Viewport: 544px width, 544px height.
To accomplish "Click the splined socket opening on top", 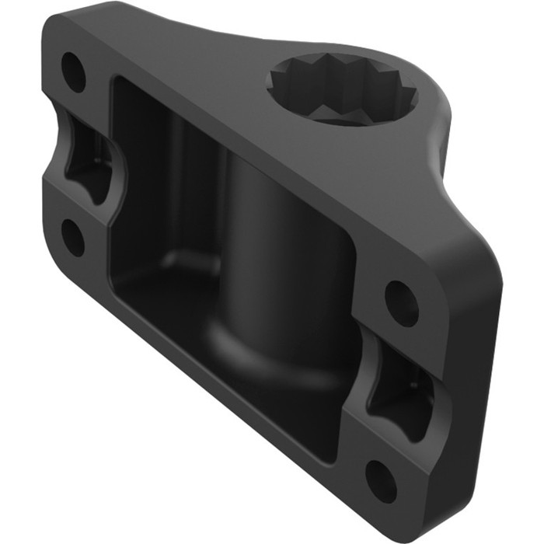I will [342, 87].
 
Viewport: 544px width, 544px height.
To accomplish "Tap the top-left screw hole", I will [74, 71].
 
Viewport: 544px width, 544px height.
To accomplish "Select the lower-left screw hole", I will [73, 238].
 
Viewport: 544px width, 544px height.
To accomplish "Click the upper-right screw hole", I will [401, 302].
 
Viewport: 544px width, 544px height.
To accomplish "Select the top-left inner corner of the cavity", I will [120, 85].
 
